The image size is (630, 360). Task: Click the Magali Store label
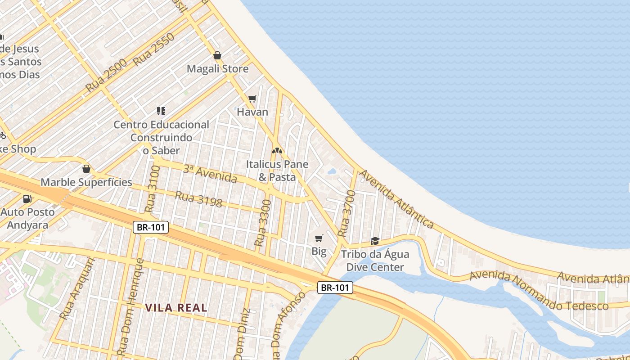click(217, 69)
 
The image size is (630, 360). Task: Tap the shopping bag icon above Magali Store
click(217, 55)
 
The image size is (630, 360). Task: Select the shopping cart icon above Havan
click(252, 99)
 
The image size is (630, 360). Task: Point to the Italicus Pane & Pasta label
click(277, 171)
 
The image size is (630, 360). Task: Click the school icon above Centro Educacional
click(161, 111)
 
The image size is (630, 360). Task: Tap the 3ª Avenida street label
click(210, 174)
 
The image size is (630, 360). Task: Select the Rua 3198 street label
click(198, 199)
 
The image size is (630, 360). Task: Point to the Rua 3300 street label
click(263, 223)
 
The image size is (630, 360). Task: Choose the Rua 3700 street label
click(346, 214)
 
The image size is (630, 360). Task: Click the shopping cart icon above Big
click(319, 238)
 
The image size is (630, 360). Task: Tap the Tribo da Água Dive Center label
click(375, 261)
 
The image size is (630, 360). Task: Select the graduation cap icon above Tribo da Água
click(375, 241)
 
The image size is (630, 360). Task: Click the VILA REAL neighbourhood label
click(176, 308)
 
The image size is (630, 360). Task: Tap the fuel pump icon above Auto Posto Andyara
click(27, 198)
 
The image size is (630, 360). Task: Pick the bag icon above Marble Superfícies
click(86, 169)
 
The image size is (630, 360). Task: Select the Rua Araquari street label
click(78, 288)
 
